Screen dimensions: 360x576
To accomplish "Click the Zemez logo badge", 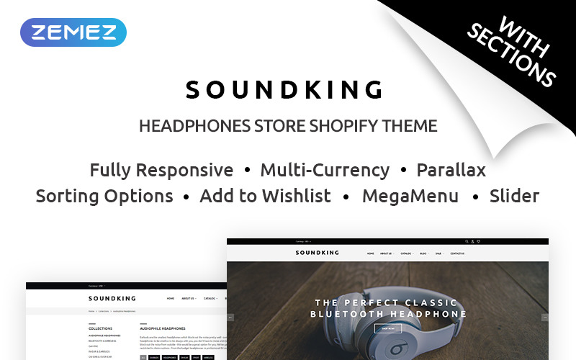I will pyautogui.click(x=73, y=32).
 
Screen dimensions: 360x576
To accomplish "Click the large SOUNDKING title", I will pyautogui.click(x=284, y=89).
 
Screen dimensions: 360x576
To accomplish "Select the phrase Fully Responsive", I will pyautogui.click(x=161, y=170).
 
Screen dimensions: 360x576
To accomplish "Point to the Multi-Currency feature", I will pyautogui.click(x=325, y=170).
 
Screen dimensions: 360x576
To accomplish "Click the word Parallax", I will pyautogui.click(x=451, y=170).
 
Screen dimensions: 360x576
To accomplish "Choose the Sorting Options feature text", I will pyautogui.click(x=104, y=195).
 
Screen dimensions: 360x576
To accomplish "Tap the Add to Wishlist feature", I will pyautogui.click(x=265, y=195).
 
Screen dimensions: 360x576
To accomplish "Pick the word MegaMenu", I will pyautogui.click(x=410, y=195).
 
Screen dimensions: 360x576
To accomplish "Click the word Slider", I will pyautogui.click(x=514, y=195).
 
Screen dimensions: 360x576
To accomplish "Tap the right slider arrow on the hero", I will pyautogui.click(x=544, y=317).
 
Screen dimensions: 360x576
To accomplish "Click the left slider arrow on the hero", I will pyautogui.click(x=230, y=317).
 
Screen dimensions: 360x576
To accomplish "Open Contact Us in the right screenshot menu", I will pyautogui.click(x=457, y=253).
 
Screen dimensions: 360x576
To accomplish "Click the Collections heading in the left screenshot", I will pyautogui.click(x=100, y=328).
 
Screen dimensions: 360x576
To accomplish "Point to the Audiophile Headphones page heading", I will pyautogui.click(x=162, y=328).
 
